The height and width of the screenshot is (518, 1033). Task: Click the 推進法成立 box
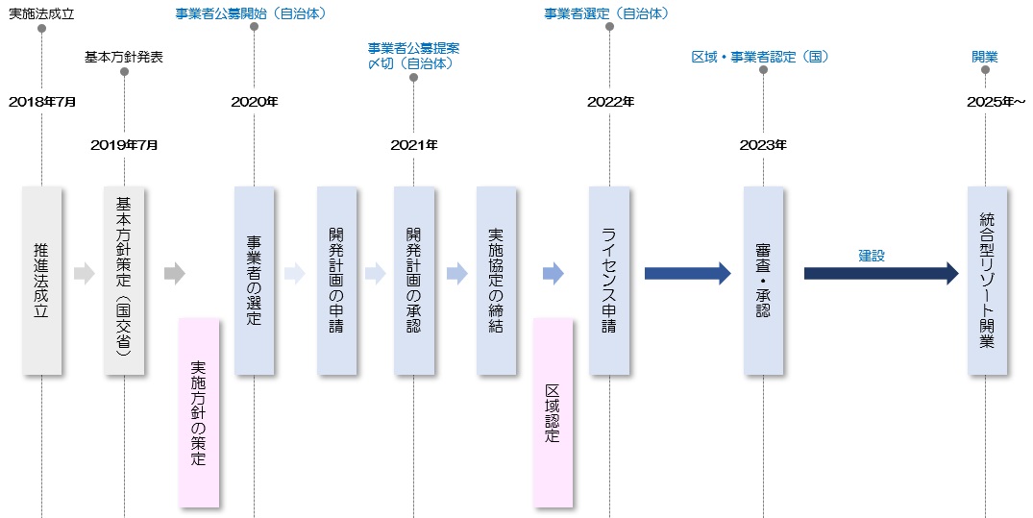(41, 281)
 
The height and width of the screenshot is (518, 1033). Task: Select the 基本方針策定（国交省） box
(124, 281)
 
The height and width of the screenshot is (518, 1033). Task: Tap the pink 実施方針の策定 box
(199, 412)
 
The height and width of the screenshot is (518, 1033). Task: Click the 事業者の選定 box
(254, 281)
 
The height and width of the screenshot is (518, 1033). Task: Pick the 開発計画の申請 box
(336, 281)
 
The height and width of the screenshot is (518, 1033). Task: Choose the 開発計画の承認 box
(413, 281)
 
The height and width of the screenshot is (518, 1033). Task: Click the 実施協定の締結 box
(496, 281)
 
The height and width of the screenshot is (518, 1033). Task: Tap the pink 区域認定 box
(553, 412)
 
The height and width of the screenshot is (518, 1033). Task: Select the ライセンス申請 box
(609, 281)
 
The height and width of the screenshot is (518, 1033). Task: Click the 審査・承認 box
(763, 281)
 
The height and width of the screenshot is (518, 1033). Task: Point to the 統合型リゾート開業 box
(987, 281)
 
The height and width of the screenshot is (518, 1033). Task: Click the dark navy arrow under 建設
(880, 274)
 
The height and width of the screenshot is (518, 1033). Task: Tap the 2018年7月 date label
(41, 101)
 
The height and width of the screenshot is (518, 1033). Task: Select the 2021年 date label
(414, 145)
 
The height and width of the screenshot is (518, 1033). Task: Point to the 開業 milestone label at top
(984, 57)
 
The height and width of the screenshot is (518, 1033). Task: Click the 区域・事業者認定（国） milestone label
(760, 57)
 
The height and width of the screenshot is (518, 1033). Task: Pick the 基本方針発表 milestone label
(124, 57)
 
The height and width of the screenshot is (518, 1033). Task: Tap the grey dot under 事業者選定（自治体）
(609, 27)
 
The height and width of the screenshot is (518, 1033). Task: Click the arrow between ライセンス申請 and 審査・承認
(687, 274)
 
